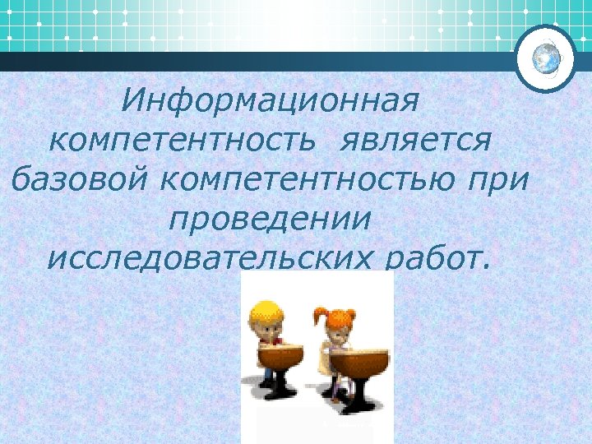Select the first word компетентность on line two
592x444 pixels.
click(182, 141)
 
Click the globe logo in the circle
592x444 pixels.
click(545, 58)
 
